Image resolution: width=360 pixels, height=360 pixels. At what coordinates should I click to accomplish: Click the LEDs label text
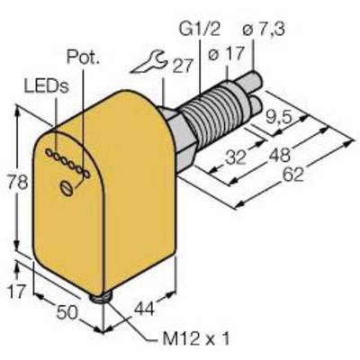(x=47, y=86)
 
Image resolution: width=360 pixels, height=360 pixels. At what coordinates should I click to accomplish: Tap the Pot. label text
(x=83, y=57)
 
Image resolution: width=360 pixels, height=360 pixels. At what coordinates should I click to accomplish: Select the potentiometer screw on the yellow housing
(x=67, y=189)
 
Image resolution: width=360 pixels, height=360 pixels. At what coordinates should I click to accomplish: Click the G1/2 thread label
(x=199, y=30)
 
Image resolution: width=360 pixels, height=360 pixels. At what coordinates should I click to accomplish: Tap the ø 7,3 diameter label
(x=264, y=30)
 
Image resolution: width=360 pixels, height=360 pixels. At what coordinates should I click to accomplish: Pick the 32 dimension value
(x=236, y=157)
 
